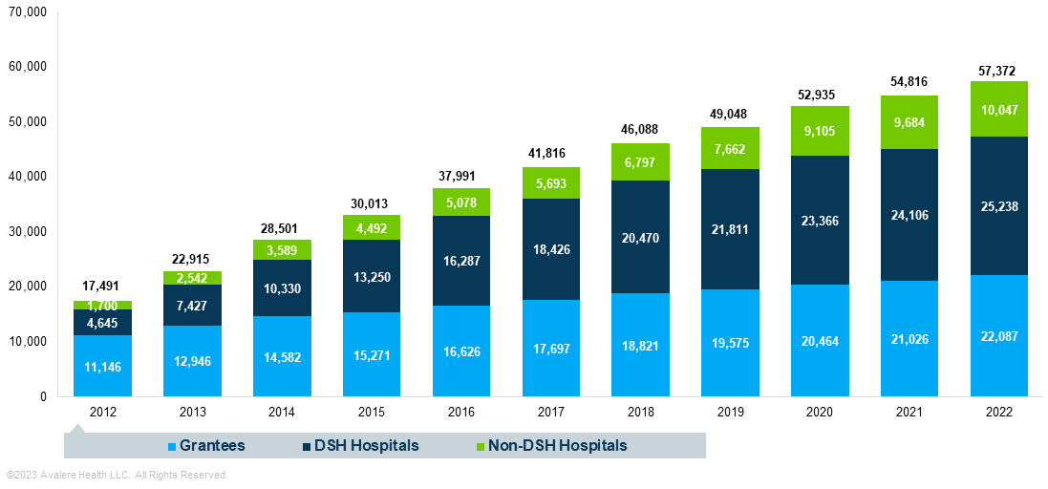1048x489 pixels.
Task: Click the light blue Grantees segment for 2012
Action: pos(102,366)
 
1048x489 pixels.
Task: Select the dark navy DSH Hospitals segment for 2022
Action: pos(999,205)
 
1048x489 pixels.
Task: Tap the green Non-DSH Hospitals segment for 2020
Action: pos(820,131)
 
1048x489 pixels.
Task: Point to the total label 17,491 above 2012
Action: pos(102,285)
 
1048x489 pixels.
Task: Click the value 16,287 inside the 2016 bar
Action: pos(461,259)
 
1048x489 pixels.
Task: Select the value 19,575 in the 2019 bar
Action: pos(730,346)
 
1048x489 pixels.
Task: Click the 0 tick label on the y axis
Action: pos(42,396)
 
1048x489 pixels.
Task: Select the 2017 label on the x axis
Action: pos(551,412)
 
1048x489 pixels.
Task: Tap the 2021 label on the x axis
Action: pos(909,412)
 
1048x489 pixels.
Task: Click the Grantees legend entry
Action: pos(213,445)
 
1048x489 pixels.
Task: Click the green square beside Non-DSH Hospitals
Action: pos(481,446)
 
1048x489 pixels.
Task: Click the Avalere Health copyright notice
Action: pos(117,475)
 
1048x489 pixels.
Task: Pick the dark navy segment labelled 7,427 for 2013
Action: pos(192,305)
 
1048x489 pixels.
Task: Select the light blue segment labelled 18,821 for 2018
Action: pos(640,346)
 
